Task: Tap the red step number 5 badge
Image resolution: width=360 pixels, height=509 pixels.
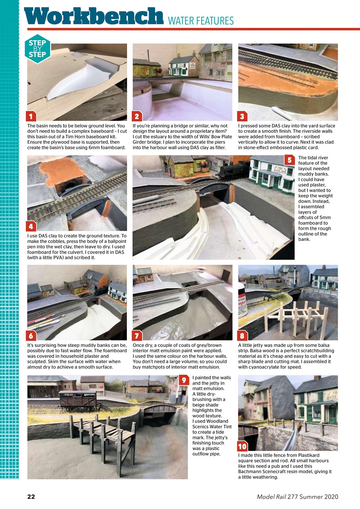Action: pyautogui.click(x=290, y=160)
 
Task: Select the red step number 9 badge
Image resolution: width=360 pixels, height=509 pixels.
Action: pyautogui.click(x=183, y=380)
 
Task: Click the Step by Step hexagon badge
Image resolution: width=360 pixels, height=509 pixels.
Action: pyautogui.click(x=37, y=49)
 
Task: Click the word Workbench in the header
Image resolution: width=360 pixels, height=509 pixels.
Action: pyautogui.click(x=94, y=16)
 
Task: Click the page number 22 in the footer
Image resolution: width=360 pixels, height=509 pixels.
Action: pyautogui.click(x=31, y=497)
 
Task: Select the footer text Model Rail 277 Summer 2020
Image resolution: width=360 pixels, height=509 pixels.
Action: pyautogui.click(x=297, y=497)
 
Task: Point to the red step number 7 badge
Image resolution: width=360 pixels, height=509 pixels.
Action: pyautogui.click(x=137, y=336)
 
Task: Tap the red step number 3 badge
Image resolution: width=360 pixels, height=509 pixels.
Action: pyautogui.click(x=243, y=116)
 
